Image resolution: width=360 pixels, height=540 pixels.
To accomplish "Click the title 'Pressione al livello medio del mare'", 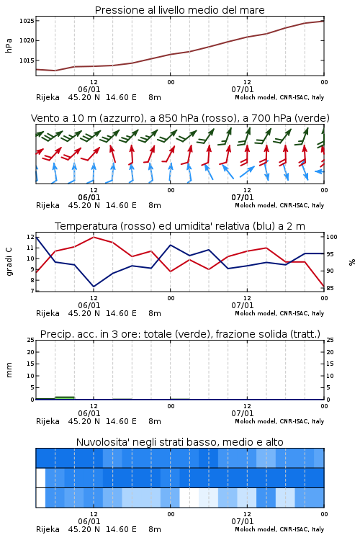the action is (179, 10).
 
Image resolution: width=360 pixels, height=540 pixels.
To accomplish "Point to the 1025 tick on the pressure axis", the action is (27, 21).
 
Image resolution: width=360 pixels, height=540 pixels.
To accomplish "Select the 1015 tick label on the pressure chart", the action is (27, 60).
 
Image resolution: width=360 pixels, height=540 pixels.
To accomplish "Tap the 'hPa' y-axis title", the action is (9, 45).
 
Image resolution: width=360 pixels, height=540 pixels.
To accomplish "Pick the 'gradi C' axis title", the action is (9, 261).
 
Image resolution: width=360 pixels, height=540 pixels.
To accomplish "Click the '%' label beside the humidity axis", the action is (352, 262).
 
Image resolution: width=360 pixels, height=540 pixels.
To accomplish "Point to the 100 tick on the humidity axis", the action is (332, 237).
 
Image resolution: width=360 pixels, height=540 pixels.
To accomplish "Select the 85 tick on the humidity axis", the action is (330, 288).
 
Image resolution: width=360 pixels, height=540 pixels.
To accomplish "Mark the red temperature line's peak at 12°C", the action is (94, 237).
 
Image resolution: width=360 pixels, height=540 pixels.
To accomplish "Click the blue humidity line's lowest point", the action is (94, 287).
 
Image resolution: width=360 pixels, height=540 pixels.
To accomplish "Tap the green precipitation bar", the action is (65, 397).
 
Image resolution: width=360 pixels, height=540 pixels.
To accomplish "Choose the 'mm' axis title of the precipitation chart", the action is (9, 370).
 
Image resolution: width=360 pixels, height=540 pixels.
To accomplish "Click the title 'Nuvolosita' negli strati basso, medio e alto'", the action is (179, 442).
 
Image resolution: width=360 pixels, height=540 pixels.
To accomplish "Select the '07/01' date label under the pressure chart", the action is (243, 89).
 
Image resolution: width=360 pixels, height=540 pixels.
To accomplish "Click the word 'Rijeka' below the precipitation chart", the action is (48, 421).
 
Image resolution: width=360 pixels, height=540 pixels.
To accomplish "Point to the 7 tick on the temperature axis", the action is (32, 291).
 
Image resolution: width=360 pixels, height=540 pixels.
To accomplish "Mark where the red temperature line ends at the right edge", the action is (324, 287).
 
